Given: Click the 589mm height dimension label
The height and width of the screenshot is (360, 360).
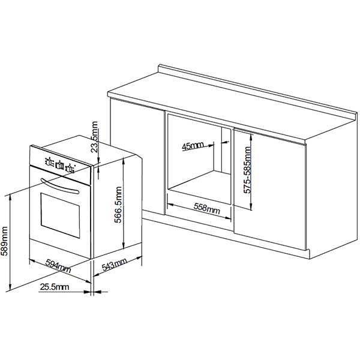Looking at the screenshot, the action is pyautogui.click(x=4, y=241).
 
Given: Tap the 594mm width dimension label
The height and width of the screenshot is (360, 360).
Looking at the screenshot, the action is pyautogui.click(x=58, y=266).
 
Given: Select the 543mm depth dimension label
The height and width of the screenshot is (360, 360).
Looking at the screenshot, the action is pyautogui.click(x=114, y=264).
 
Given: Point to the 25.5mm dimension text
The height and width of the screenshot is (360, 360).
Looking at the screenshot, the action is pyautogui.click(x=55, y=287).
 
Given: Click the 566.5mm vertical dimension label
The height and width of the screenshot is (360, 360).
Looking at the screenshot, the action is pyautogui.click(x=118, y=205).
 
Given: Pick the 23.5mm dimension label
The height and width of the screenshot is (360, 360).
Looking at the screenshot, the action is pyautogui.click(x=94, y=137).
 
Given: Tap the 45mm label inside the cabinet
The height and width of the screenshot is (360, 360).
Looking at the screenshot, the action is pyautogui.click(x=193, y=146).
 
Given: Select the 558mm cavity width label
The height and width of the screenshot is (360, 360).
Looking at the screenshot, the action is pyautogui.click(x=206, y=208).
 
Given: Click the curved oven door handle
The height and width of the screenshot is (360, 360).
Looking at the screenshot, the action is pyautogui.click(x=59, y=187).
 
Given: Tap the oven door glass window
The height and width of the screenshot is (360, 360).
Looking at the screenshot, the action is pyautogui.click(x=60, y=215).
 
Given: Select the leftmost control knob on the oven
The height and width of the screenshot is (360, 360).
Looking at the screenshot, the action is pyautogui.click(x=49, y=162).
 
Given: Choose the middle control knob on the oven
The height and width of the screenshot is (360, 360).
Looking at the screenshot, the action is pyautogui.click(x=60, y=166).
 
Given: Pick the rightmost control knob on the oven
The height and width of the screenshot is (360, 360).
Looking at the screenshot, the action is pyautogui.click(x=70, y=168).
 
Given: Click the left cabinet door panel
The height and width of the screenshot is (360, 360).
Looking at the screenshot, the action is pyautogui.click(x=137, y=157).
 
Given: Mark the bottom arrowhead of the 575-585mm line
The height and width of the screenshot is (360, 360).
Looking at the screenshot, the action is pyautogui.click(x=251, y=207).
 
